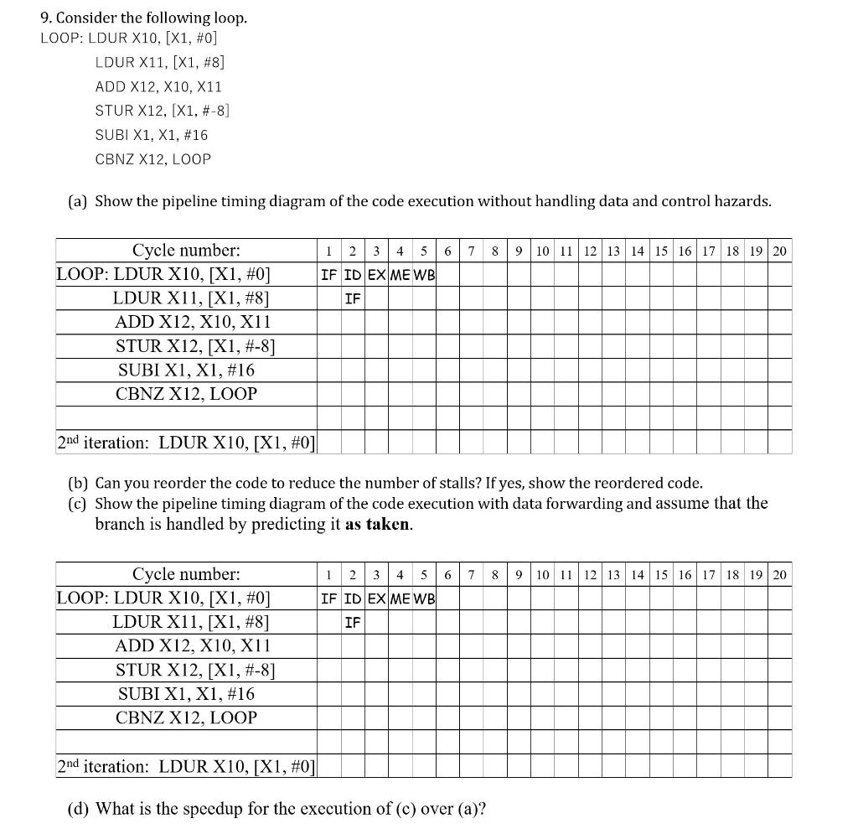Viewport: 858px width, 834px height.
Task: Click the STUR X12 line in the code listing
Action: point(163,110)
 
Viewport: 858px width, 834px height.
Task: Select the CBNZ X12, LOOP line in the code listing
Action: point(152,158)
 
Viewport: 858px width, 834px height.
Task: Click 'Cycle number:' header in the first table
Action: point(186,250)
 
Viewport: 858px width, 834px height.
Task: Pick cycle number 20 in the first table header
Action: point(779,251)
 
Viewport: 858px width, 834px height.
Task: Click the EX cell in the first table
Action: point(377,275)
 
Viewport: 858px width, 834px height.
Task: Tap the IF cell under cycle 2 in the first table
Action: point(353,298)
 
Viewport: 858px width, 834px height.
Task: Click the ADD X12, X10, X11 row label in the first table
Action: point(193,322)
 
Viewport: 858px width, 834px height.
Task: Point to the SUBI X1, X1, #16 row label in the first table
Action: point(186,370)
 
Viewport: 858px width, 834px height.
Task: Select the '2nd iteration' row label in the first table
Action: point(186,442)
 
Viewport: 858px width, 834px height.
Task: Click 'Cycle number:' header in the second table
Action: point(186,574)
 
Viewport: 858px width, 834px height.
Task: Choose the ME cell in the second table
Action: point(401,598)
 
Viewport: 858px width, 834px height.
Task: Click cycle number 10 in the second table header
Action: point(542,575)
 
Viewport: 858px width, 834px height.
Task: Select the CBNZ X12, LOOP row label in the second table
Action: point(186,717)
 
